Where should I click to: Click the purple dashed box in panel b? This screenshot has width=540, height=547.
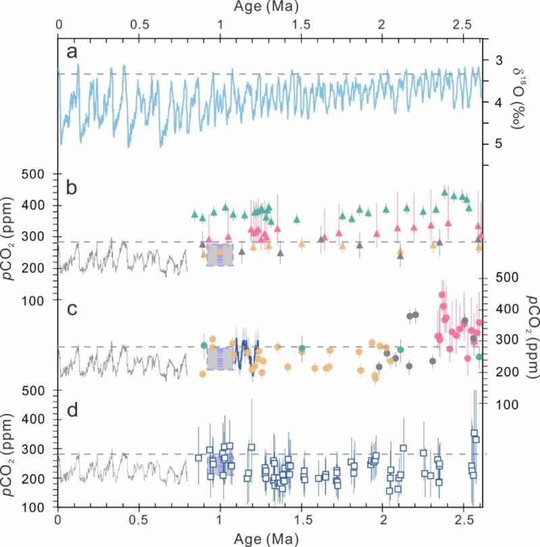219,254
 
